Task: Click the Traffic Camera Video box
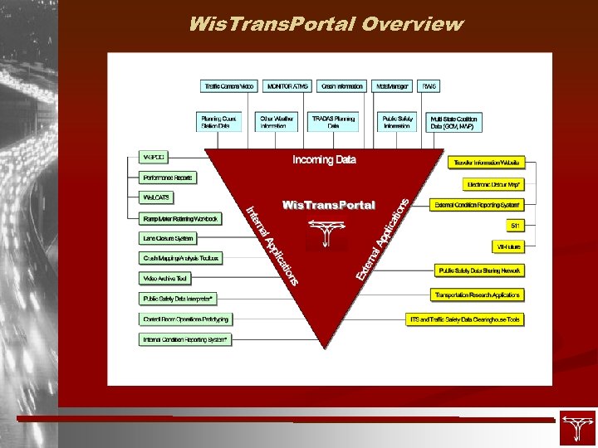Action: tap(229, 86)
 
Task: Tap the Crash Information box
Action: tap(341, 86)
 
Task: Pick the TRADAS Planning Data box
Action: tap(333, 122)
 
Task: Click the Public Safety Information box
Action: tap(398, 122)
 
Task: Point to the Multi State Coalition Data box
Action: tap(453, 122)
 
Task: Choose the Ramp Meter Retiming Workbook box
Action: tap(180, 219)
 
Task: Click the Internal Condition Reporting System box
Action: tap(185, 339)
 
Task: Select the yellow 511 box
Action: tap(516, 226)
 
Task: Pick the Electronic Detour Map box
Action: tap(493, 184)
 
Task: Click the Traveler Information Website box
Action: tap(486, 163)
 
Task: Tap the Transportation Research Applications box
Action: tap(478, 295)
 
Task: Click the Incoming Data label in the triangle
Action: tap(324, 159)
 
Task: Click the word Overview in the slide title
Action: tap(412, 23)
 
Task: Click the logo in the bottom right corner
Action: tap(577, 427)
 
